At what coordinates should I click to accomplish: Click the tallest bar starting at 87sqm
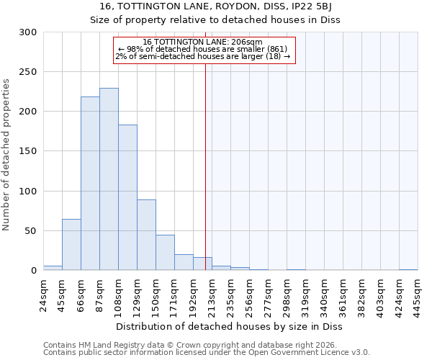click(109, 179)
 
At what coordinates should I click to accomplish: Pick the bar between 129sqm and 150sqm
click(146, 235)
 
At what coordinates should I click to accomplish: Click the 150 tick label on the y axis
click(29, 152)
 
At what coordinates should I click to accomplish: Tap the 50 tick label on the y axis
click(32, 231)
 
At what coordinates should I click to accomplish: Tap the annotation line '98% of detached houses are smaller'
click(204, 49)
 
